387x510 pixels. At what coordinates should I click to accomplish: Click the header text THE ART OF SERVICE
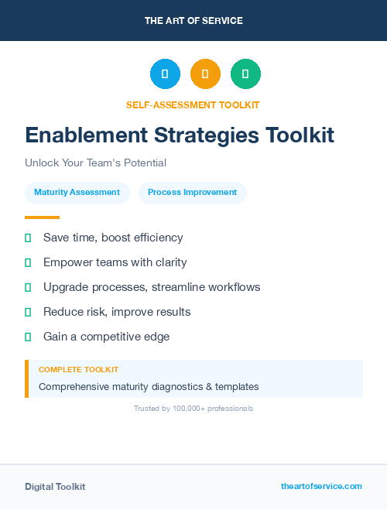click(193, 21)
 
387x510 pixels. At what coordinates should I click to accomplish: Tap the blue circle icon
click(165, 74)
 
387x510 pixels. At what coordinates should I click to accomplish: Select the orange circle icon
click(205, 74)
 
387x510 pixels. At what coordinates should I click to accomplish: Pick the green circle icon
click(245, 74)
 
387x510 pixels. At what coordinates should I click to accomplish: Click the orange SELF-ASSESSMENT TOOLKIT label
click(193, 104)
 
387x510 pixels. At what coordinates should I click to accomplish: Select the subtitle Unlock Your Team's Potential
click(95, 163)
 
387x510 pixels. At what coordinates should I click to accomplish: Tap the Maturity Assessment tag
click(77, 193)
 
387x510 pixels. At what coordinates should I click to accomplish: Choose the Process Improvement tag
click(192, 193)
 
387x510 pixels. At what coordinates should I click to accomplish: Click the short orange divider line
click(42, 217)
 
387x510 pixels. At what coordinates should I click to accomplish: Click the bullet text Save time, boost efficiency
click(113, 238)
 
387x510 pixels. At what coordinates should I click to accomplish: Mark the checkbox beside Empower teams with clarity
click(28, 262)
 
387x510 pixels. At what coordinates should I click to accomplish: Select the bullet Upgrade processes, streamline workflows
click(152, 287)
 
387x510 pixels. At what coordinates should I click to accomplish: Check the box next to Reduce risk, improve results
click(28, 312)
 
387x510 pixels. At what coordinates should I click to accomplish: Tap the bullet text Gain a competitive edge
click(106, 337)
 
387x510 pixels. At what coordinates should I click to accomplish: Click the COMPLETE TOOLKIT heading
click(78, 370)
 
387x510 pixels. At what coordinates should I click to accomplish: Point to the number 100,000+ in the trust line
click(190, 408)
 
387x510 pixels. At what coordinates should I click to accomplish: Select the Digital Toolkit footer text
click(55, 487)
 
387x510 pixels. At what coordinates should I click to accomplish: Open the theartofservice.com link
click(321, 486)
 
